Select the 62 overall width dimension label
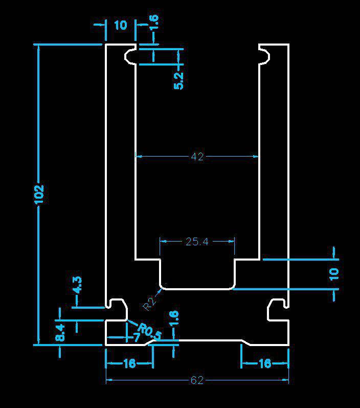click(197, 380)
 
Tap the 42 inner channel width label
click(197, 157)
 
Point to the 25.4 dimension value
click(197, 241)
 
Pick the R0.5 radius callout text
click(149, 332)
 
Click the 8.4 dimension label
click(60, 333)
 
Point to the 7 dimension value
click(137, 338)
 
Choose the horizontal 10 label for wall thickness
click(120, 25)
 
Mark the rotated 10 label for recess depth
click(334, 273)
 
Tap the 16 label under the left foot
click(129, 363)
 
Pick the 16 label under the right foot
click(264, 363)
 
